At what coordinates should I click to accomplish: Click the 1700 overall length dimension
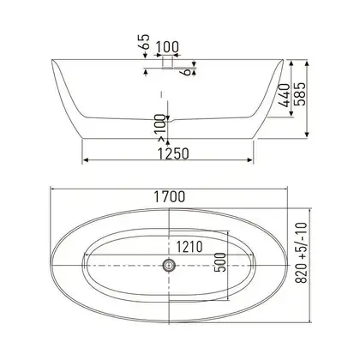170,196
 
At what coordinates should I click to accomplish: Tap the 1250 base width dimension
173,153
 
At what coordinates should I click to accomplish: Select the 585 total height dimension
300,94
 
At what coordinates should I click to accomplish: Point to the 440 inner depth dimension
285,95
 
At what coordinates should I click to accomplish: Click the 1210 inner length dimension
189,247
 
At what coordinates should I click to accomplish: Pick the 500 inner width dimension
220,262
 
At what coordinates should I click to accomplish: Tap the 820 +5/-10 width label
301,253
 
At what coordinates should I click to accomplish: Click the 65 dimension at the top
145,42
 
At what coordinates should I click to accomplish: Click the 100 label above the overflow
167,47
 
